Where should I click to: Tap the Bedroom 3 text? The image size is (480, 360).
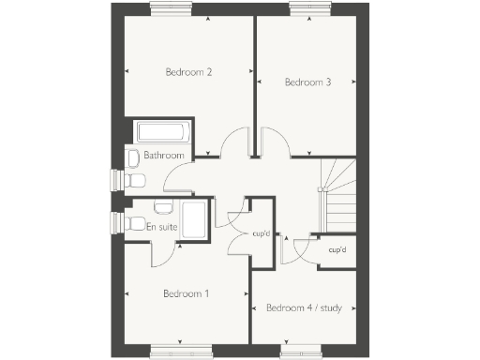coord(307,82)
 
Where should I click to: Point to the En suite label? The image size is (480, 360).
coord(163,227)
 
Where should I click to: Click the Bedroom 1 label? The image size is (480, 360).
coord(186,293)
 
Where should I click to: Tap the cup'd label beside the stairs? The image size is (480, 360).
coord(337,250)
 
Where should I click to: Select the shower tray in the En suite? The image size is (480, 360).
coord(196,221)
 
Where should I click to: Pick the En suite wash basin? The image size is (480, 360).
coord(162,205)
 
